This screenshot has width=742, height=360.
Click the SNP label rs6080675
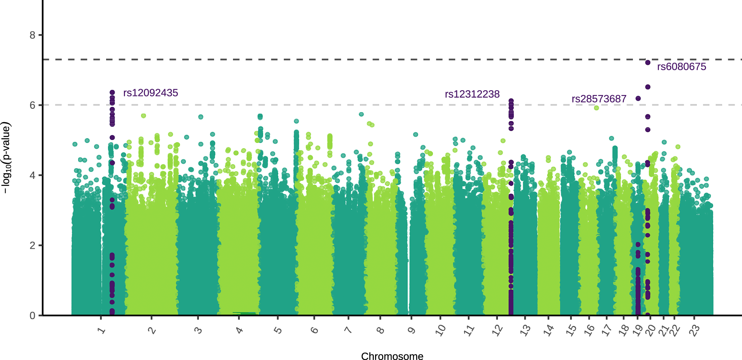click(682, 67)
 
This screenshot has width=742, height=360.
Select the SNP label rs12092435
click(151, 93)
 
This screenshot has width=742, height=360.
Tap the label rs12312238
click(472, 94)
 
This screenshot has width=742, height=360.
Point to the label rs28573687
click(599, 99)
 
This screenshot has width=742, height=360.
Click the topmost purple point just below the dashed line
click(648, 63)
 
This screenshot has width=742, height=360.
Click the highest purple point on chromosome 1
click(112, 92)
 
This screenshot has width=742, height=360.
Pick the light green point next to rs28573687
click(596, 108)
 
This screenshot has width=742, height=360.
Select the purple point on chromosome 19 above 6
click(638, 98)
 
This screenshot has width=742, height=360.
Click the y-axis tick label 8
click(33, 35)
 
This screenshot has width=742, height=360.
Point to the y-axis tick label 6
click(33, 105)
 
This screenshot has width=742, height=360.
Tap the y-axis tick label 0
click(33, 315)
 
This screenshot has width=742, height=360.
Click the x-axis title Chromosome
click(392, 356)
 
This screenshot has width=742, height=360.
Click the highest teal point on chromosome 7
click(361, 114)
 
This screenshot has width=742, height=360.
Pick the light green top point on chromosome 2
click(144, 116)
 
